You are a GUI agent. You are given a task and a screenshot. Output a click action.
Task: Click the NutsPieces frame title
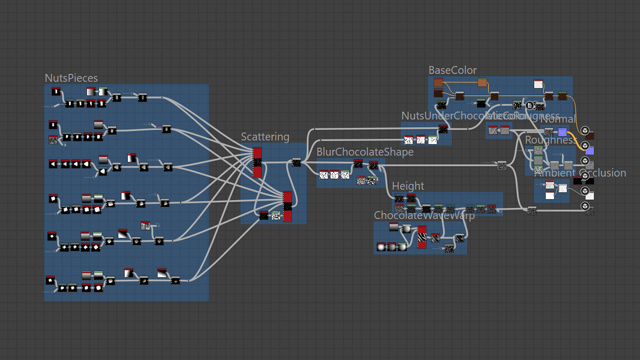[x=71, y=78]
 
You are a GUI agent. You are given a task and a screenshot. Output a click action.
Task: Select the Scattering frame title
[x=265, y=137]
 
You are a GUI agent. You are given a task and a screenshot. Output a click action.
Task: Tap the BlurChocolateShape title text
[x=365, y=152]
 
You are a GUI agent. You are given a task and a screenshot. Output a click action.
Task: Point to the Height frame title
[x=408, y=186]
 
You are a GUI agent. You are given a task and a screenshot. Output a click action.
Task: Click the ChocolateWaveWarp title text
[x=424, y=215]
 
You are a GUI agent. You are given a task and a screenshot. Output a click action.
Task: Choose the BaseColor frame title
[x=452, y=70]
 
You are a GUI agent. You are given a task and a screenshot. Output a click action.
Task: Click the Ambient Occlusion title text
[x=580, y=173]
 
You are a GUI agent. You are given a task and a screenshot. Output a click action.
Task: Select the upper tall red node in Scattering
[x=257, y=163]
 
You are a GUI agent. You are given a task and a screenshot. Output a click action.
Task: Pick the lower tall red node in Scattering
[x=288, y=206]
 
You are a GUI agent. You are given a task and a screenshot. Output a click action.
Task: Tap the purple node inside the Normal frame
[x=562, y=132]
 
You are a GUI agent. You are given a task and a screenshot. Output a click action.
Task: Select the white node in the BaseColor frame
[x=538, y=84]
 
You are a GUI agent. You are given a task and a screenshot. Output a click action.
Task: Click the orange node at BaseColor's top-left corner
[x=438, y=82]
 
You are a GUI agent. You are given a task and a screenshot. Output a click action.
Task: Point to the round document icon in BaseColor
[x=529, y=105]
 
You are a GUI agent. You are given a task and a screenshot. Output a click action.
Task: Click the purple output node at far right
[x=590, y=150]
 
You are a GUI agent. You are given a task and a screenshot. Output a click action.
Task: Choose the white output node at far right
[x=590, y=196]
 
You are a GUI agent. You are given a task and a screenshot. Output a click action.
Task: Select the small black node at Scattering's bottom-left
[x=264, y=215]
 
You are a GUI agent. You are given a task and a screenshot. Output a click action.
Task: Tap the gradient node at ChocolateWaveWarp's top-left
[x=394, y=227]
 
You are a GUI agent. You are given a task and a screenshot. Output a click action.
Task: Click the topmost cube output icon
[x=585, y=130]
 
